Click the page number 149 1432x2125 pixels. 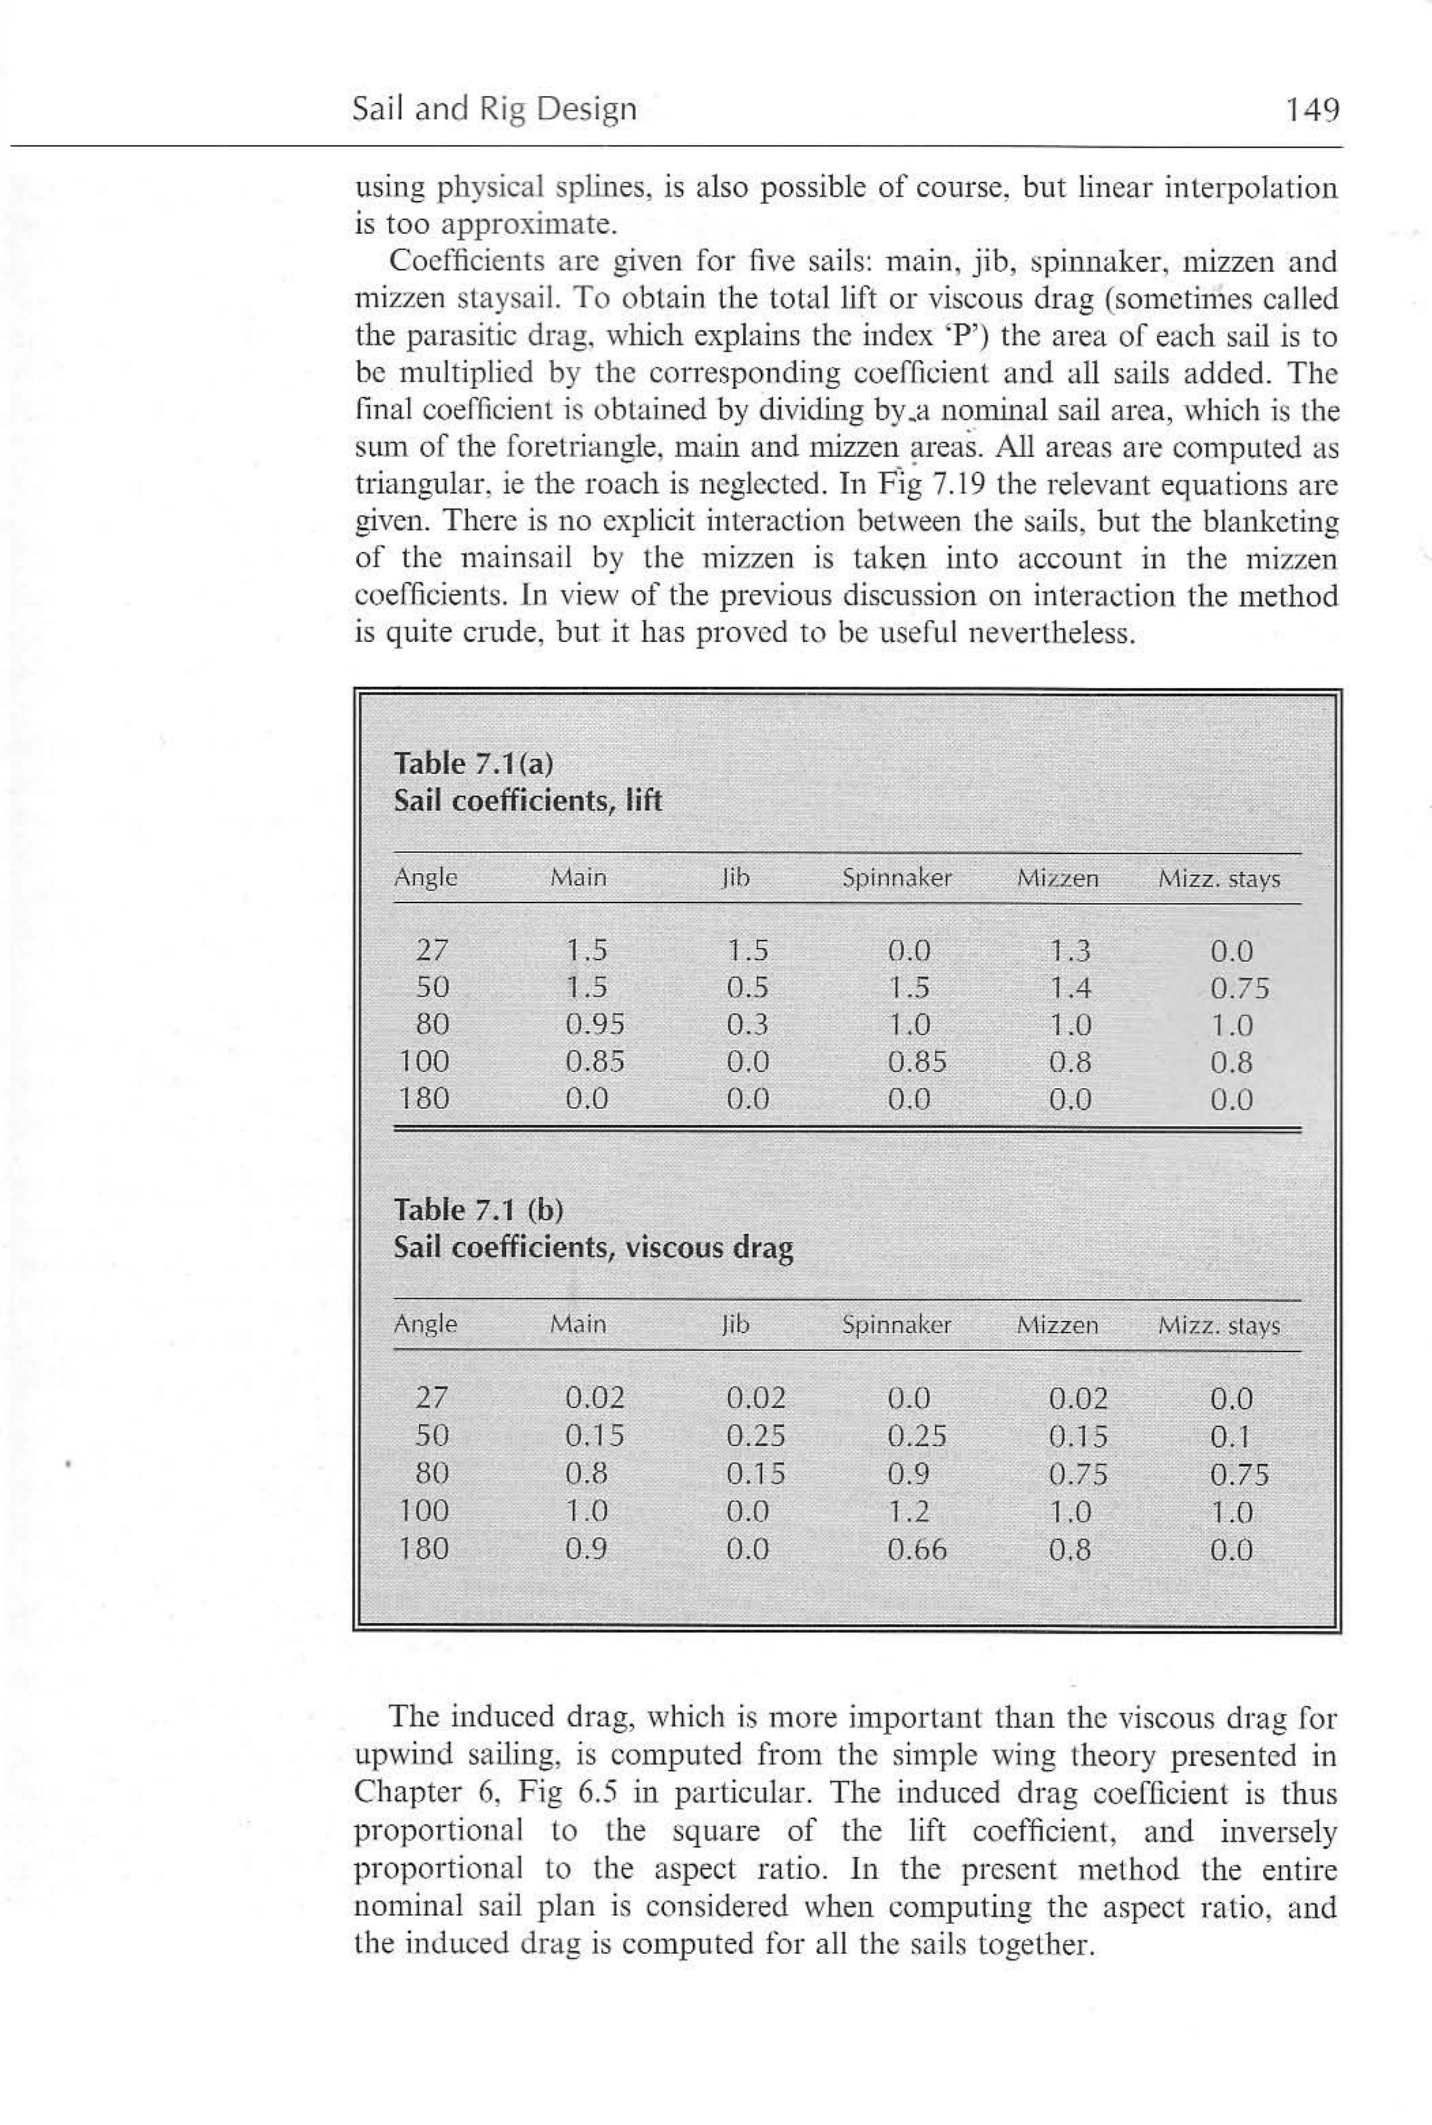tap(1312, 110)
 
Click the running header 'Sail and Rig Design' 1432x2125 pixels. tap(494, 109)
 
